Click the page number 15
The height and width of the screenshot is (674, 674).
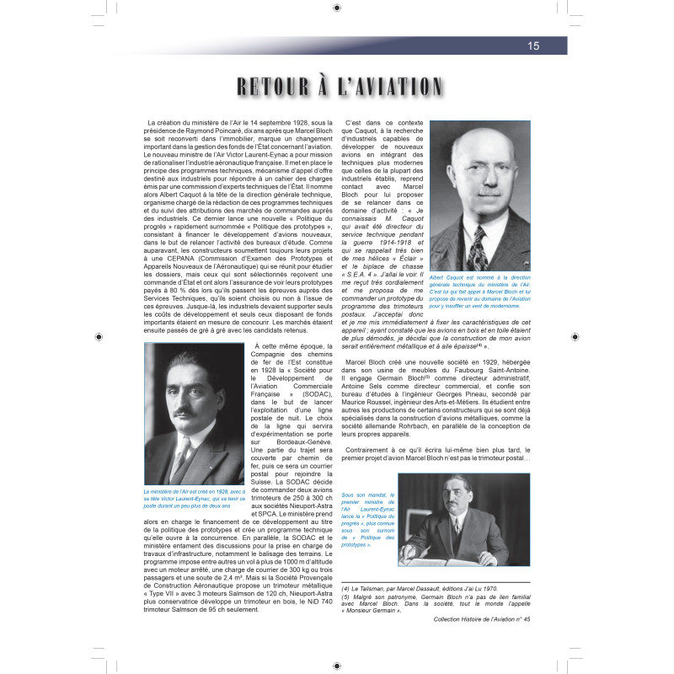click(x=533, y=46)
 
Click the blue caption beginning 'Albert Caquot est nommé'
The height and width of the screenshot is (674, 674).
click(x=479, y=291)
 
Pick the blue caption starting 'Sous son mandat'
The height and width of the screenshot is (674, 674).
click(x=366, y=520)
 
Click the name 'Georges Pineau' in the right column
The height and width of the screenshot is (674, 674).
click(x=495, y=399)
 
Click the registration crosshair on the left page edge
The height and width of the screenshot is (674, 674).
click(x=100, y=337)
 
